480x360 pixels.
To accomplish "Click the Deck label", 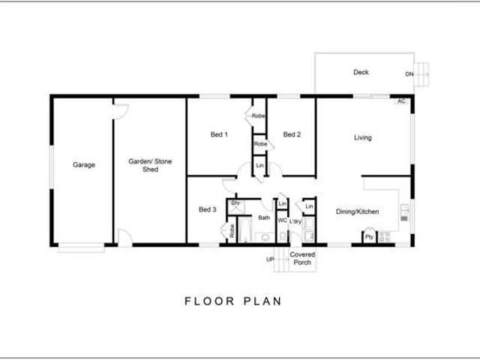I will (x=361, y=73).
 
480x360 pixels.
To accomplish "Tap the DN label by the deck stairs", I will (x=409, y=74).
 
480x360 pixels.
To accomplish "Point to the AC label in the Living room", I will (x=401, y=100).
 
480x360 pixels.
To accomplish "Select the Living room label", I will (x=363, y=137).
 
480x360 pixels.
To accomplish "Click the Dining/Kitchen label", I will (x=357, y=211).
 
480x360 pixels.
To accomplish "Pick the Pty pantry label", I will (x=369, y=237).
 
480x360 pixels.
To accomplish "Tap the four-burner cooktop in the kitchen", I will (x=385, y=237).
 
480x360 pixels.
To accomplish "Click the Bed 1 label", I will (x=219, y=135).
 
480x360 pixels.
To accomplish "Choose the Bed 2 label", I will (x=292, y=135).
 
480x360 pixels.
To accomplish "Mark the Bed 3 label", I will (x=208, y=209).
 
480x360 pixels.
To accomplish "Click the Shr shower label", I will (x=235, y=203).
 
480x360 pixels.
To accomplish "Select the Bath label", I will (x=264, y=217).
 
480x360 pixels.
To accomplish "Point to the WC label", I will (x=282, y=220).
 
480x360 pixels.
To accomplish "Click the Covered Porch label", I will (x=303, y=258).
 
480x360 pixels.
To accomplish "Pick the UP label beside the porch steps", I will (x=270, y=259).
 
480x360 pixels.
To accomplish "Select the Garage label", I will (x=84, y=165).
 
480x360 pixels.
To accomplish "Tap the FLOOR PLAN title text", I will (x=233, y=301).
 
